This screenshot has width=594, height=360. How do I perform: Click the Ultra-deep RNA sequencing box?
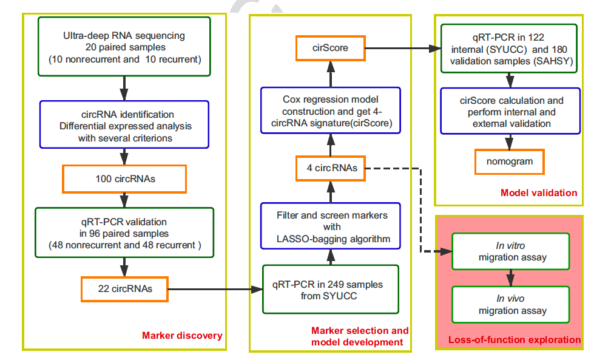tap(124, 47)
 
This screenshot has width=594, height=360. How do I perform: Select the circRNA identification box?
tap(124, 124)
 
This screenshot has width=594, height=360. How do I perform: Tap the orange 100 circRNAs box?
tap(124, 180)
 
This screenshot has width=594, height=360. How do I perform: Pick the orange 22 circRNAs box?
tap(124, 289)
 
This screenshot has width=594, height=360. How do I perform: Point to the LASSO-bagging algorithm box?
tap(331, 226)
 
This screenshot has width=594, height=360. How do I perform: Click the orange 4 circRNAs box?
tap(331, 168)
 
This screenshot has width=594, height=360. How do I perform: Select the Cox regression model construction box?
tap(331, 109)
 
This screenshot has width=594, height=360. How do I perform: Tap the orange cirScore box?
tap(331, 48)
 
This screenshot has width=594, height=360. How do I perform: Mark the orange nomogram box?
tap(510, 161)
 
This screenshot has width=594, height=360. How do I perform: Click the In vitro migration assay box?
tap(510, 251)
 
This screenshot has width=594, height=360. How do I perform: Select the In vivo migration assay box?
tap(510, 305)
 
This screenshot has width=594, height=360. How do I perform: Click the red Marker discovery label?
tap(182, 335)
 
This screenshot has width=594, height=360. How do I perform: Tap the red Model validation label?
tap(539, 193)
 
